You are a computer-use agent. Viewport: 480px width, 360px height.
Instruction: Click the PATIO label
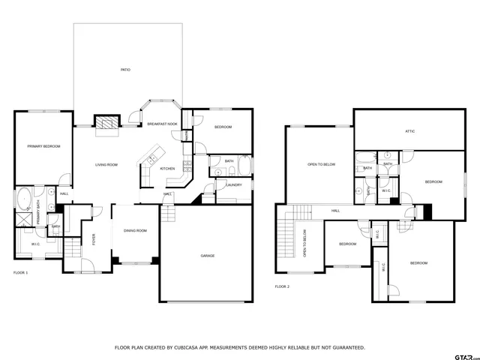[125, 70]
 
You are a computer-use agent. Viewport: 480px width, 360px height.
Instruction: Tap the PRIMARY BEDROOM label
[43, 146]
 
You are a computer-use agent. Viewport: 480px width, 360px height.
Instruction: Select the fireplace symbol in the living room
[106, 123]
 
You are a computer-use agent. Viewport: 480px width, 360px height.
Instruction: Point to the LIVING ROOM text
[106, 164]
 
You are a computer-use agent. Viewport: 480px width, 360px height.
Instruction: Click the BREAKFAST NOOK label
[162, 124]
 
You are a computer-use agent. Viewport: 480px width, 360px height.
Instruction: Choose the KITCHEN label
[167, 169]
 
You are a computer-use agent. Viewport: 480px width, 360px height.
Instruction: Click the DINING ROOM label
[135, 230]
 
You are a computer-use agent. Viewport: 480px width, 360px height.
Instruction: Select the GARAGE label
[208, 256]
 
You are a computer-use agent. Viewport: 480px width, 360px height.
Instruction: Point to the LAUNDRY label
[233, 184]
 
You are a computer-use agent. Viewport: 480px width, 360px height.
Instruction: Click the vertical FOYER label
[94, 240]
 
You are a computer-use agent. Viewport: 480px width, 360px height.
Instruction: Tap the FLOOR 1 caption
[20, 272]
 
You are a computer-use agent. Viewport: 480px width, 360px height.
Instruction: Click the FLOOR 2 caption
[281, 286]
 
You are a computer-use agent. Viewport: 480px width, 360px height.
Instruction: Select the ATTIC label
[410, 131]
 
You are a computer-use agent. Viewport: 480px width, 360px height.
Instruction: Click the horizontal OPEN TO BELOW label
[321, 164]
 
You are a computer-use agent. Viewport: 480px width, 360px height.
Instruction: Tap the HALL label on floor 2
[335, 211]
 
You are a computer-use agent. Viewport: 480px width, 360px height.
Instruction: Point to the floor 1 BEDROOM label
[223, 127]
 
